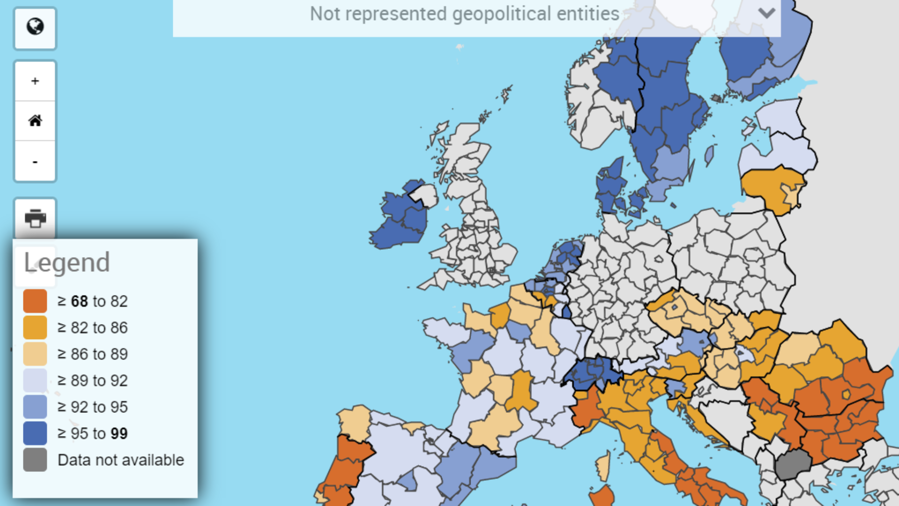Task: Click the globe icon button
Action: pyautogui.click(x=35, y=27)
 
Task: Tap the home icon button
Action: pyautogui.click(x=35, y=121)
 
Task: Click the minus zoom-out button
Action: pyautogui.click(x=35, y=162)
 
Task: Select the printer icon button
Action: pyautogui.click(x=35, y=218)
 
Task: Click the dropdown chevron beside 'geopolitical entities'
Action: pyautogui.click(x=766, y=13)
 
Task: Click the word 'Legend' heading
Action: pyautogui.click(x=67, y=262)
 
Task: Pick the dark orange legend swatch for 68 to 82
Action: pyautogui.click(x=35, y=301)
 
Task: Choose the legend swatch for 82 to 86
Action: pyautogui.click(x=35, y=327)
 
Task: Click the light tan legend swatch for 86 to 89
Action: pyautogui.click(x=35, y=354)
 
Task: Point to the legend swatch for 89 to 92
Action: pyautogui.click(x=35, y=380)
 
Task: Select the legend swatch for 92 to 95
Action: pyautogui.click(x=35, y=407)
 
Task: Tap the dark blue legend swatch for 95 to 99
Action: pyautogui.click(x=35, y=433)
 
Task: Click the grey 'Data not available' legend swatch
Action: pyautogui.click(x=35, y=460)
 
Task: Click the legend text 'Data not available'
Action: pyautogui.click(x=121, y=460)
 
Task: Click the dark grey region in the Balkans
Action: pyautogui.click(x=792, y=464)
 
